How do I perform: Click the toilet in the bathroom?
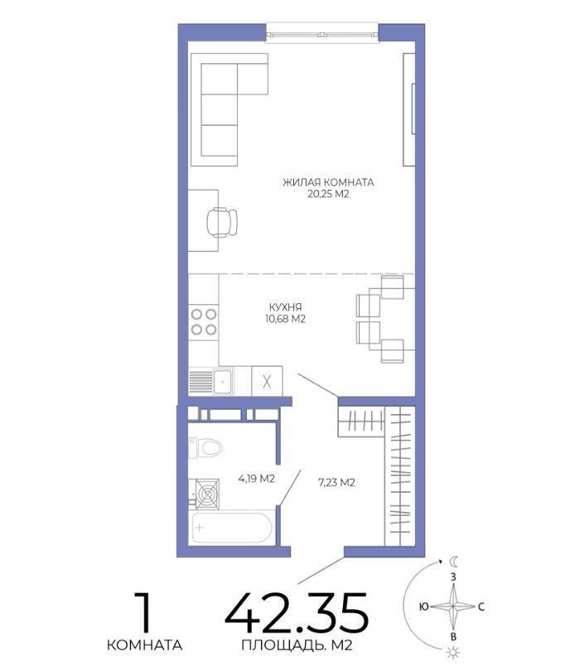pyautogui.click(x=206, y=447)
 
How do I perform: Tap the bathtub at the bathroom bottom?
pyautogui.click(x=232, y=528)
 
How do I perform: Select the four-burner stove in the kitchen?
pyautogui.click(x=204, y=321)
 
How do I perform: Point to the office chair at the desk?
pyautogui.click(x=222, y=222)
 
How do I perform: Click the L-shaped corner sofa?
pyautogui.click(x=230, y=109)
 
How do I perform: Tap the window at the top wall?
pyautogui.click(x=322, y=33)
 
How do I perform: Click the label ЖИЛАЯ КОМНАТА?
pyautogui.click(x=328, y=182)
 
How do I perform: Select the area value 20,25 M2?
pyautogui.click(x=328, y=195)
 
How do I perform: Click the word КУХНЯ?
pyautogui.click(x=286, y=307)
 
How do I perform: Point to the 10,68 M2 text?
pyautogui.click(x=286, y=319)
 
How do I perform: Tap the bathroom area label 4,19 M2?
pyautogui.click(x=257, y=479)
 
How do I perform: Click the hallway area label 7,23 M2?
pyautogui.click(x=336, y=483)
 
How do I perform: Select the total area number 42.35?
pyautogui.click(x=297, y=613)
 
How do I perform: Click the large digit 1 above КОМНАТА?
pyautogui.click(x=143, y=612)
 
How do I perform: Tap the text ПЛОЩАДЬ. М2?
pyautogui.click(x=297, y=644)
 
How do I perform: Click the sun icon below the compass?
pyautogui.click(x=452, y=653)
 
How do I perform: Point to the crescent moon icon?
pyautogui.click(x=454, y=561)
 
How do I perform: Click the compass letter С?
pyautogui.click(x=481, y=607)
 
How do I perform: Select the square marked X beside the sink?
pyautogui.click(x=267, y=381)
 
